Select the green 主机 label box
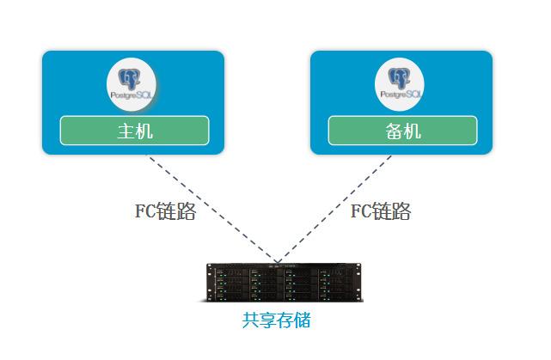coord(134,131)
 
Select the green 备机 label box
coord(401,131)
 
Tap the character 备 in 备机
coord(392,131)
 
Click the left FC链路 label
coord(165,211)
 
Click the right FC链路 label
coord(380,211)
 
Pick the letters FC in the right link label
coord(360,211)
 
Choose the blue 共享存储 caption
coord(276,320)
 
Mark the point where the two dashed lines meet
coord(277,260)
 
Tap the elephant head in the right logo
coord(399,78)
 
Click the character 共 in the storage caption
coord(250,320)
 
